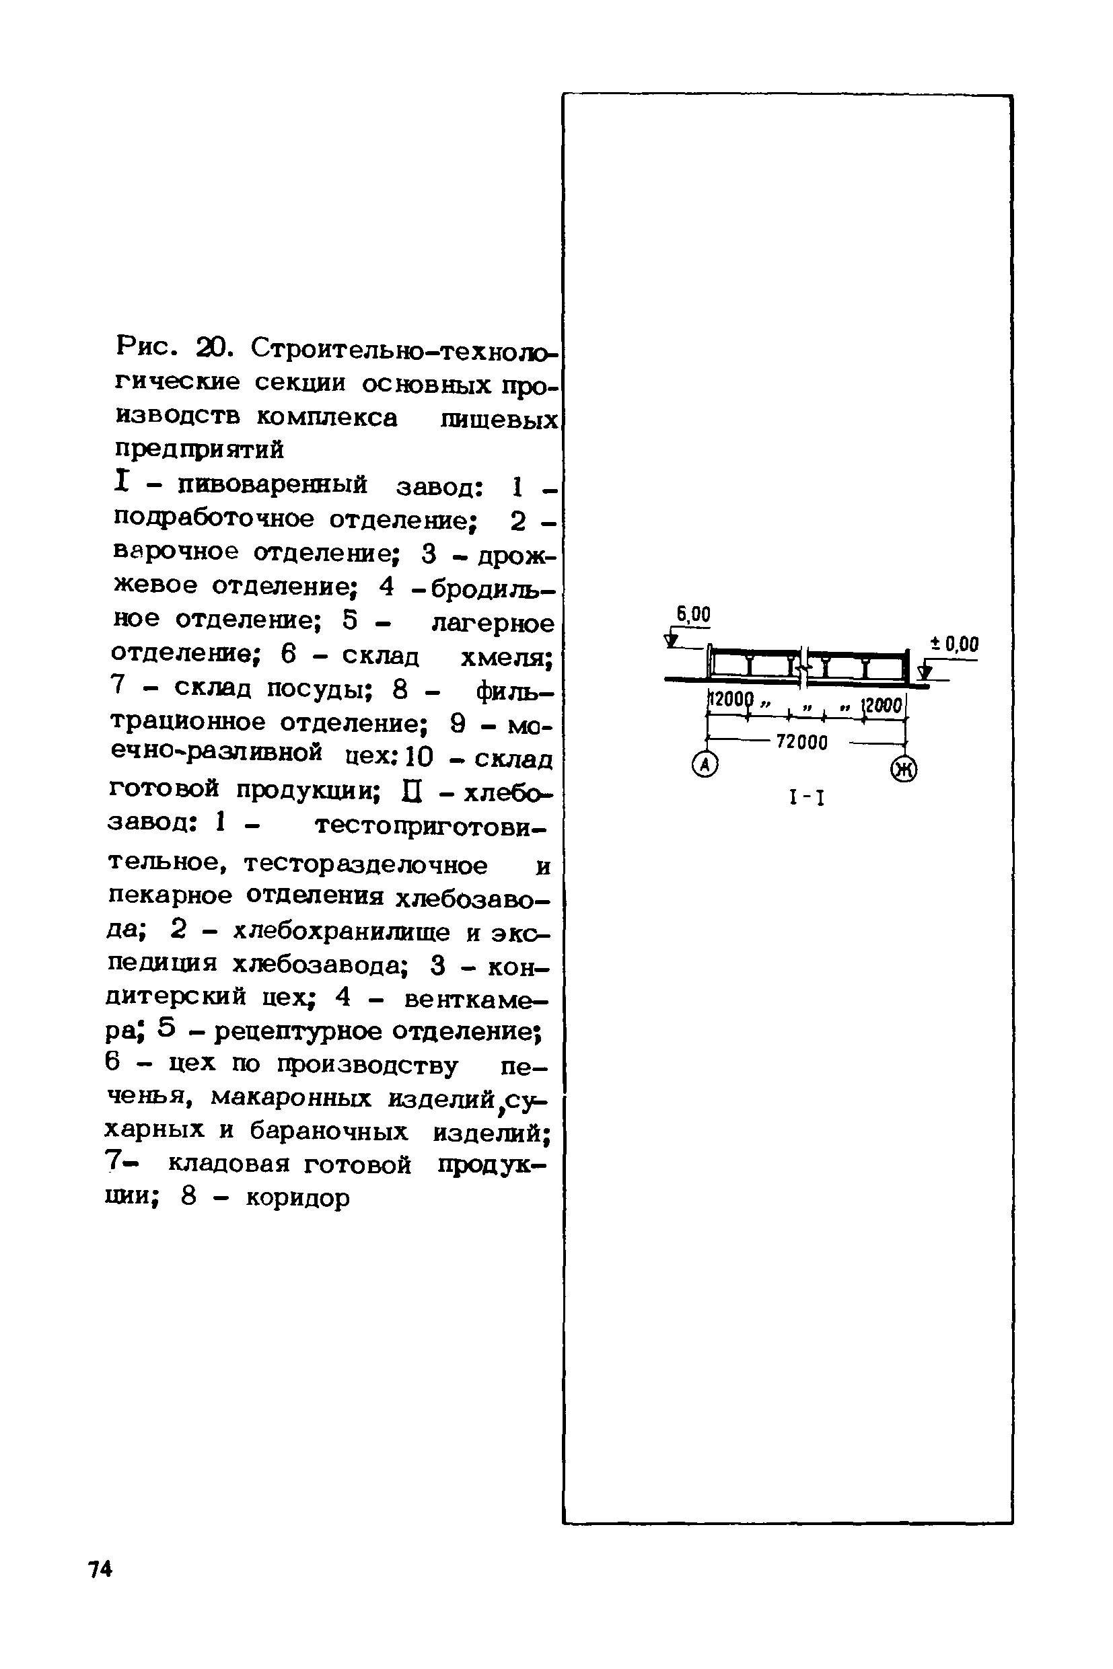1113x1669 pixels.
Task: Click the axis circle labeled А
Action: coord(705,764)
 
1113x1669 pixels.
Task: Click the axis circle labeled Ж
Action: coord(904,768)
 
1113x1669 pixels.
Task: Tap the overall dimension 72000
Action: coord(802,742)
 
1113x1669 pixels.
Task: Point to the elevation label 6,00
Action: coord(693,614)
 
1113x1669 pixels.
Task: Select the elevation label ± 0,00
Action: coord(954,644)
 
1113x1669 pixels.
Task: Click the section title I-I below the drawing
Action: coord(807,799)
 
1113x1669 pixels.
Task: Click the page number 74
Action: coord(101,1569)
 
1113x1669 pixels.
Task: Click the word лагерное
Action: coord(493,623)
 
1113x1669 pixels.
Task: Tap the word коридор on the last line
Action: coord(298,1199)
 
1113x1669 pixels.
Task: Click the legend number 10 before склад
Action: coord(419,758)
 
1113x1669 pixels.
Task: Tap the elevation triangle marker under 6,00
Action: coord(671,641)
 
